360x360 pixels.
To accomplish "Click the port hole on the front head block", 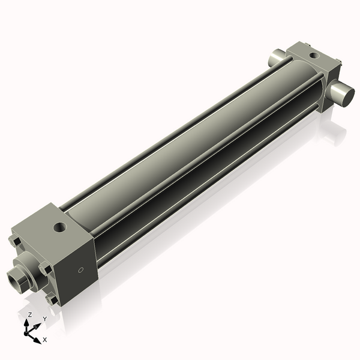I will pos(60,227).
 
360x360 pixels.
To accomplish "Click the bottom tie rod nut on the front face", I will pos(51,298).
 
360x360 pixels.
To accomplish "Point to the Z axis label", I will pos(29,314).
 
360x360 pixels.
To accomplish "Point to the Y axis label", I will pos(44,319).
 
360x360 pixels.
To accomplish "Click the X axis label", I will pos(44,340).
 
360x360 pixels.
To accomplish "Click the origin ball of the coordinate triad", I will pos(27,331).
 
